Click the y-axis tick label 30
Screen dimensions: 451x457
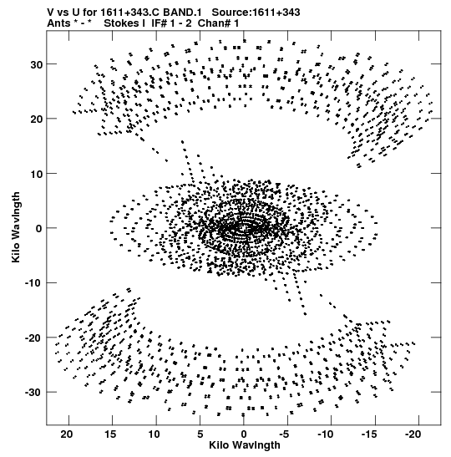[x=37, y=64]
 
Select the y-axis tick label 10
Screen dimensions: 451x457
[x=37, y=174]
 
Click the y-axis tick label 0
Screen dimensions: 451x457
[x=39, y=229]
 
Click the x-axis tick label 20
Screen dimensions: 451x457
[x=67, y=434]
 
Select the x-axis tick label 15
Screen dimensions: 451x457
[x=111, y=434]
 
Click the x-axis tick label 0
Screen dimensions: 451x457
[x=244, y=434]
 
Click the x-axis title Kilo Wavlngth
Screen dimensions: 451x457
[x=245, y=445]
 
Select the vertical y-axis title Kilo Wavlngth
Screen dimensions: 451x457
[x=16, y=227]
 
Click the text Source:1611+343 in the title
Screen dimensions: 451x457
[x=256, y=13]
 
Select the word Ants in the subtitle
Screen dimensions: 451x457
[x=58, y=23]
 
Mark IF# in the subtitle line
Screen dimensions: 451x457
[x=159, y=23]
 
